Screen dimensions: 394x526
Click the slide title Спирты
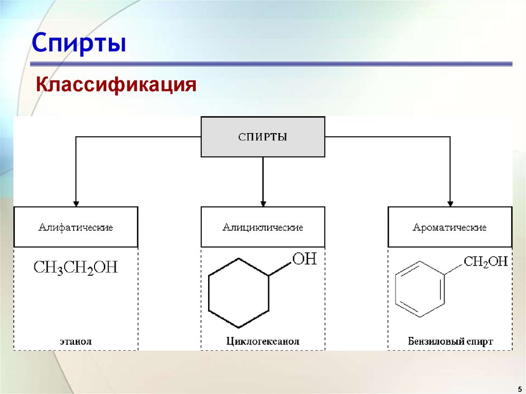[x=79, y=43]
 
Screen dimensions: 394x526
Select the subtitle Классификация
[x=116, y=84]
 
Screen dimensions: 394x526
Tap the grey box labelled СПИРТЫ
[x=262, y=137]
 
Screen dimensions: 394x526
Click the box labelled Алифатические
[x=76, y=227]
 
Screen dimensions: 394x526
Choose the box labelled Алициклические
[x=262, y=227]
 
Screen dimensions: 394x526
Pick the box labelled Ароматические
[x=449, y=227]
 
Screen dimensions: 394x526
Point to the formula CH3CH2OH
[x=76, y=268]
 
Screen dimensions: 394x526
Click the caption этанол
[x=76, y=341]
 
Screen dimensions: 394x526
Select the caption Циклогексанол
[x=262, y=341]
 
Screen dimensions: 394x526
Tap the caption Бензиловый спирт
[x=450, y=341]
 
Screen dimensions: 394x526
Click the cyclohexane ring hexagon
[x=238, y=293]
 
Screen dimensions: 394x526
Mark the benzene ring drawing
[x=419, y=289]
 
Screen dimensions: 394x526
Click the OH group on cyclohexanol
[x=304, y=259]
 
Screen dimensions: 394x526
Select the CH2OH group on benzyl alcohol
[x=485, y=262]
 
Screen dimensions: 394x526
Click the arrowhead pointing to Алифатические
[x=76, y=202]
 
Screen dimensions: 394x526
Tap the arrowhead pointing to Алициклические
[x=262, y=202]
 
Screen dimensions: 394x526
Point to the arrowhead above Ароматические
[x=450, y=202]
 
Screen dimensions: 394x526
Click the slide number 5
[x=519, y=388]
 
